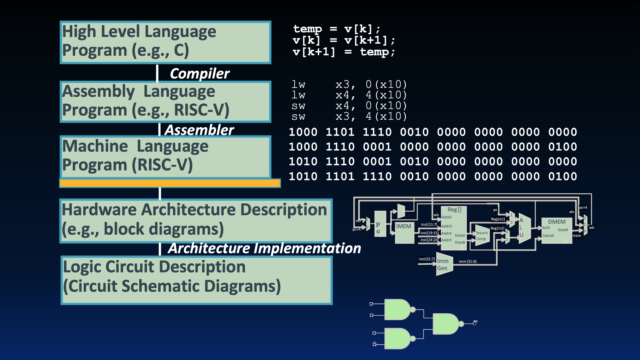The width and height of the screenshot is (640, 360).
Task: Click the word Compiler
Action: pyautogui.click(x=199, y=74)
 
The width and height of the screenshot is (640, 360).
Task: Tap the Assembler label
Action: pyautogui.click(x=199, y=130)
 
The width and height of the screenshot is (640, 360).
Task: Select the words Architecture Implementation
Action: pyautogui.click(x=264, y=248)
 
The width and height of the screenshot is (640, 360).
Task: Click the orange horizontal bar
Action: pyautogui.click(x=170, y=183)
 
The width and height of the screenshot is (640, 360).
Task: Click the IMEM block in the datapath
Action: pyautogui.click(x=404, y=232)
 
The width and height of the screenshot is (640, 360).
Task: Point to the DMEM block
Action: pyautogui.click(x=557, y=231)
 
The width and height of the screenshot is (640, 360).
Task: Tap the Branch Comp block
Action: pyautogui.click(x=481, y=236)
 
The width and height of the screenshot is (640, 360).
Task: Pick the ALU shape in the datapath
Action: pyautogui.click(x=524, y=228)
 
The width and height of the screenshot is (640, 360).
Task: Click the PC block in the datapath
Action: pyautogui.click(x=380, y=224)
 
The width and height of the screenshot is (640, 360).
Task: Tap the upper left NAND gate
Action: pyautogui.click(x=397, y=309)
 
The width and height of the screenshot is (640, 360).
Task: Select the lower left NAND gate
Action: pyautogui.click(x=397, y=338)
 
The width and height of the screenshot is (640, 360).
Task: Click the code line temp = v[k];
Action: pyautogui.click(x=337, y=29)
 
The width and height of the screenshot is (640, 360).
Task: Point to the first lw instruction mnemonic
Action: pyautogui.click(x=298, y=84)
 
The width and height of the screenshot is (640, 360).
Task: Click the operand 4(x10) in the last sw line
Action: pyautogui.click(x=386, y=116)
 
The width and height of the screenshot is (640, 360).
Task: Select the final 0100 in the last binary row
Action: pyautogui.click(x=562, y=176)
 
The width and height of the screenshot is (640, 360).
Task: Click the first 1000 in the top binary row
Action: pyautogui.click(x=303, y=132)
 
